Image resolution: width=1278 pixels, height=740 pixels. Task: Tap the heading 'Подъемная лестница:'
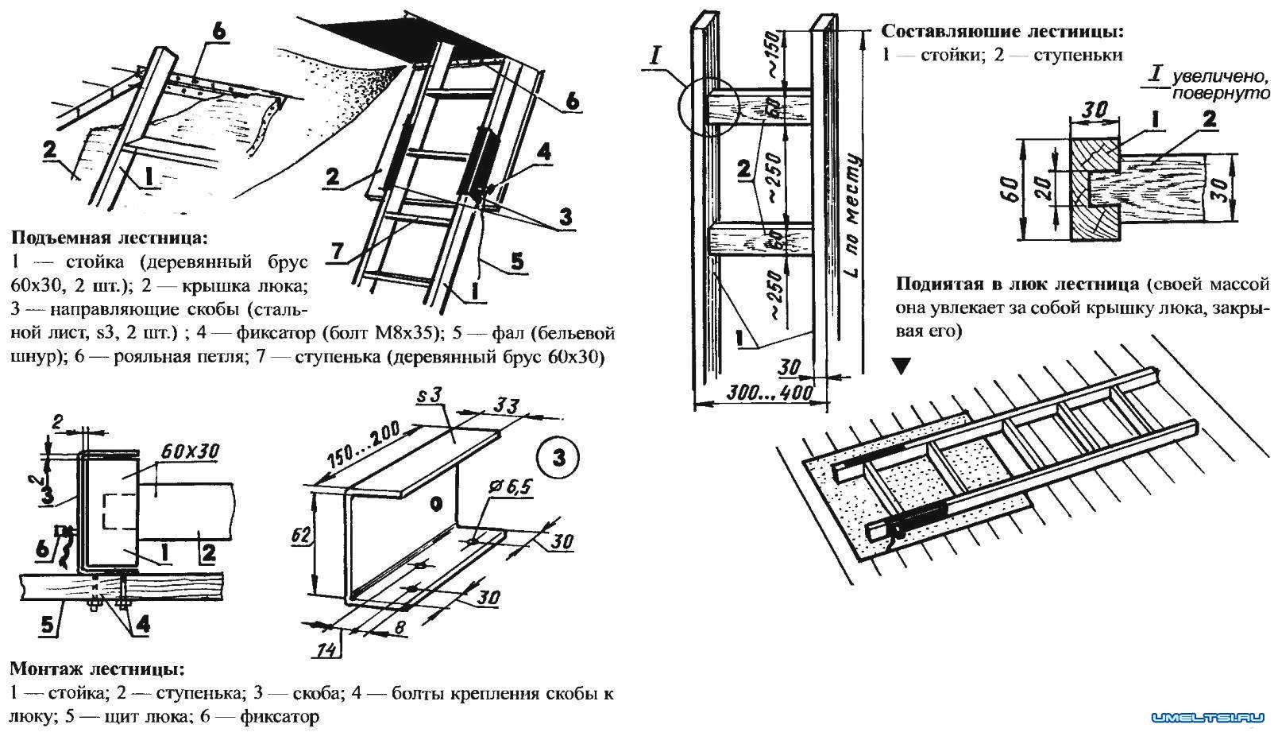click(x=108, y=237)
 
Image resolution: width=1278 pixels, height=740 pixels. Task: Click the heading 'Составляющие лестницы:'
click(x=1002, y=33)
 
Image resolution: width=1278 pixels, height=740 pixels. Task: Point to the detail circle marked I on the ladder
click(x=708, y=107)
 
